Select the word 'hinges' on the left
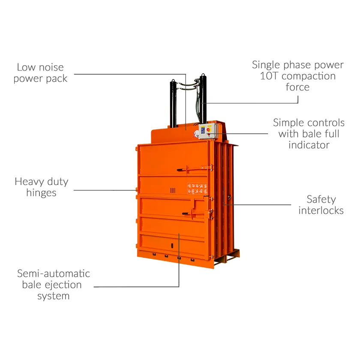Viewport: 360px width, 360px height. coord(41,193)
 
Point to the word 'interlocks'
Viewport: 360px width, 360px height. coord(321,210)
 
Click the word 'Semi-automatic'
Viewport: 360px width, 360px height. coord(54,273)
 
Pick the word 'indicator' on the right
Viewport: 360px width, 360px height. coord(309,145)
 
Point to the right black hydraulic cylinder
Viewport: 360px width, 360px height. coord(202,99)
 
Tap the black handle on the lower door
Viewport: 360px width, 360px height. coord(184,213)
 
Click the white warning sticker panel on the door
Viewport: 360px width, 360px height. coord(197,188)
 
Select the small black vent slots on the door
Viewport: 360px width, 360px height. coord(173,190)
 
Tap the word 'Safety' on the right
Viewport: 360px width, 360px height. coord(321,199)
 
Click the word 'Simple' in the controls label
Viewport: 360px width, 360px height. coord(290,123)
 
